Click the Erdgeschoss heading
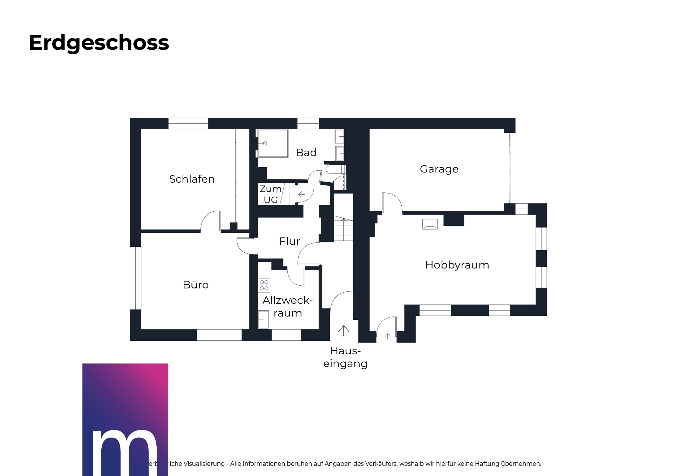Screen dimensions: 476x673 click(x=99, y=43)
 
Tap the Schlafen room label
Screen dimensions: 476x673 click(x=192, y=179)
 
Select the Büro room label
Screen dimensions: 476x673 click(x=196, y=285)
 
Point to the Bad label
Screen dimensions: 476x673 click(x=306, y=153)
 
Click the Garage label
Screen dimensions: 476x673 click(x=439, y=169)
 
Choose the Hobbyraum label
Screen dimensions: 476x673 click(x=457, y=265)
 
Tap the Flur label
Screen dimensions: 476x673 click(x=290, y=241)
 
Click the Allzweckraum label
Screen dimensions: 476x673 click(x=287, y=306)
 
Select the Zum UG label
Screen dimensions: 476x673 click(x=271, y=194)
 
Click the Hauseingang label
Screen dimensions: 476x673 click(x=345, y=357)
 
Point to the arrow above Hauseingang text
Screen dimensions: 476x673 click(x=344, y=331)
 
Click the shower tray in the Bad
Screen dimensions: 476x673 click(x=273, y=143)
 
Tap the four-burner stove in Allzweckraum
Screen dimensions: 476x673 click(x=264, y=285)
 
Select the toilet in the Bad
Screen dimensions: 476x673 click(x=334, y=170)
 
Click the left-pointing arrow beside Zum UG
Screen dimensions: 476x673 click(x=301, y=194)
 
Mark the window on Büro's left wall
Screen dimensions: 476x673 click(x=135, y=278)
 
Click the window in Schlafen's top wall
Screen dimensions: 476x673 click(x=188, y=123)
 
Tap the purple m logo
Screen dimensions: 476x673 click(x=125, y=419)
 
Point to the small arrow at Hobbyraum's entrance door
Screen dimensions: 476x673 click(x=387, y=336)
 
